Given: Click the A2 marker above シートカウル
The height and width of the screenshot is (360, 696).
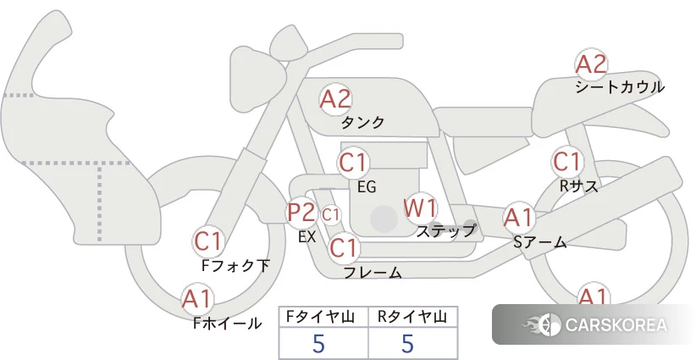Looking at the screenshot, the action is (x=591, y=65).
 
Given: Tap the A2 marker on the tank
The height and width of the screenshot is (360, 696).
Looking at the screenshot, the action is (x=335, y=99).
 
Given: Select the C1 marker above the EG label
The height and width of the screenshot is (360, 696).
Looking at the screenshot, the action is (x=353, y=163).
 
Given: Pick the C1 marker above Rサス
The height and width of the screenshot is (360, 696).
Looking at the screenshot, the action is (x=566, y=162).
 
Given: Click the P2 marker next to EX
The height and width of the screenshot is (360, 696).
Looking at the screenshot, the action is (x=301, y=212).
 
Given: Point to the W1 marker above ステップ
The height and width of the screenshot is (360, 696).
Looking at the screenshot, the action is (x=419, y=208).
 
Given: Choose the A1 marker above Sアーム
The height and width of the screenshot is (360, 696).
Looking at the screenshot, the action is (x=518, y=218).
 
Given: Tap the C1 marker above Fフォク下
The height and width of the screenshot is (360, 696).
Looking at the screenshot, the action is (x=207, y=242).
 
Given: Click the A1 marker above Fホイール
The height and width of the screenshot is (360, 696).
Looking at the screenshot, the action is (x=196, y=299).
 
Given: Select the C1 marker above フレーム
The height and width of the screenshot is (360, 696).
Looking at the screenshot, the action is (x=343, y=247).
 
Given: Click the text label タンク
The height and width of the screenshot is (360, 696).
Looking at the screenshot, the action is (x=362, y=123).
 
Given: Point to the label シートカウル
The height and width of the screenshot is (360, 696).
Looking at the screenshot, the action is (x=620, y=87).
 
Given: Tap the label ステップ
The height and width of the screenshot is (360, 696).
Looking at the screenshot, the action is (x=445, y=231).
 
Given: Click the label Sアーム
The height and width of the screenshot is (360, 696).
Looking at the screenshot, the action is (x=540, y=242).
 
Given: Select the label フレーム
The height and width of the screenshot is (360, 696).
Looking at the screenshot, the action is (x=373, y=273).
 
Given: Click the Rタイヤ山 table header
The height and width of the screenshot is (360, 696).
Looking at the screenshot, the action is (x=412, y=317).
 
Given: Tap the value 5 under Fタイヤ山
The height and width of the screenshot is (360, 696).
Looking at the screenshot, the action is (x=318, y=344).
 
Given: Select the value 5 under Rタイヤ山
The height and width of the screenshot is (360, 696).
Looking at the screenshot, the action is (x=407, y=344).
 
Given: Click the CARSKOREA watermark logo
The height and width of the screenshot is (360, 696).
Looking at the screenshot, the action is (x=594, y=324).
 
